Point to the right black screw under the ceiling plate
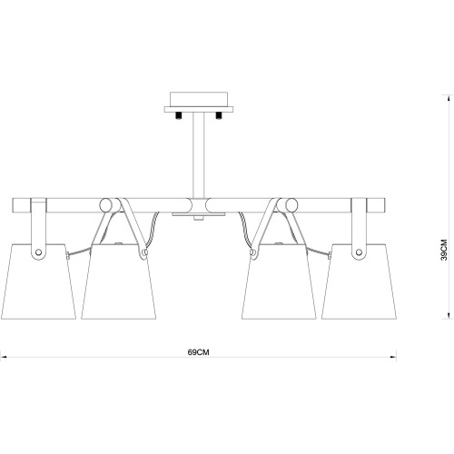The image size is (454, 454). coord(219,114)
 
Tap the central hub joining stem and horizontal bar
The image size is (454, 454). coord(197,204)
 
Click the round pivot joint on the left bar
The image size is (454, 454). coord(108,204)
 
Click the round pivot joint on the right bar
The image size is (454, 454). coord(286,204)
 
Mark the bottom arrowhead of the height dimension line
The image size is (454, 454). coord(447,317)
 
